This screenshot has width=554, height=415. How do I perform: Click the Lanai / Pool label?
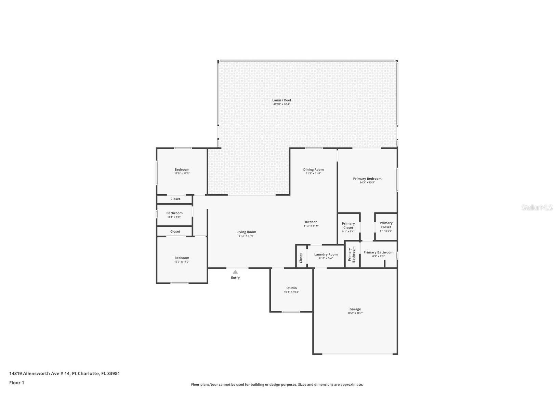click(x=281, y=100)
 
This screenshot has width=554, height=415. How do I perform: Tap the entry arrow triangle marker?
click(x=235, y=272)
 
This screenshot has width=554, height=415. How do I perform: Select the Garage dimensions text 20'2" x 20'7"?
click(x=355, y=313)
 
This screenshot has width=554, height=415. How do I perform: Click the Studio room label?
click(x=291, y=288)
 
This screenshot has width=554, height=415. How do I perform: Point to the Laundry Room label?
click(x=326, y=254)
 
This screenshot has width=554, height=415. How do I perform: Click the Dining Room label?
click(x=313, y=169)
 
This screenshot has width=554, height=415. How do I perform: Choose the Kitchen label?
click(x=311, y=222)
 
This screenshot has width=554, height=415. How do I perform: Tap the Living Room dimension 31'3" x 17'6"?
click(x=246, y=236)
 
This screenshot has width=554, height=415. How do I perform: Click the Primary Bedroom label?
click(x=367, y=179)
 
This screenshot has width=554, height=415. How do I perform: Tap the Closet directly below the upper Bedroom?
click(x=175, y=199)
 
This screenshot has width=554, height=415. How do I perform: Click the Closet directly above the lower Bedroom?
click(x=175, y=231)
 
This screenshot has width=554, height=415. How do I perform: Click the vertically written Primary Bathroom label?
click(x=352, y=254)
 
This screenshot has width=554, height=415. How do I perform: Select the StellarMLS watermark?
click(x=537, y=207)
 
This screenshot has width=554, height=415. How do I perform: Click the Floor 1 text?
click(x=17, y=383)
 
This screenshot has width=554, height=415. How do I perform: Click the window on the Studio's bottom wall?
click(x=291, y=312)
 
